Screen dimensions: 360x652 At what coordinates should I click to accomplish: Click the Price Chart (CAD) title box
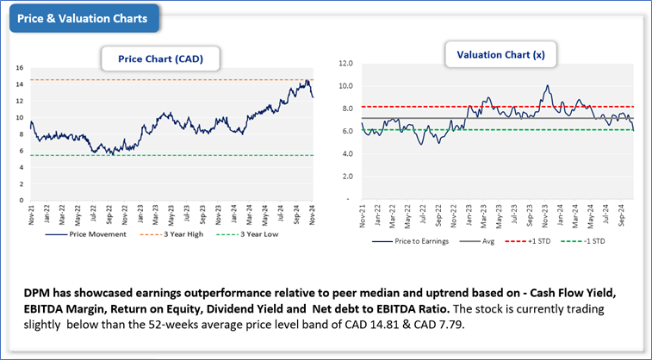pos(160,59)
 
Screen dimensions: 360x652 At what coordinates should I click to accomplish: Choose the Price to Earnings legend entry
pos(419,241)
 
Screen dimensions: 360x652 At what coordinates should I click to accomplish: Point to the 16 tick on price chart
pos(19,67)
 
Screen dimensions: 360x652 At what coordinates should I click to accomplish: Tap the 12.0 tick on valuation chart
pos(347,63)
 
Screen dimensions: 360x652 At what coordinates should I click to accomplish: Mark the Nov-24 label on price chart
pos(313,214)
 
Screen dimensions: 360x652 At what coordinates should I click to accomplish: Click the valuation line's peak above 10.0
pos(548,85)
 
